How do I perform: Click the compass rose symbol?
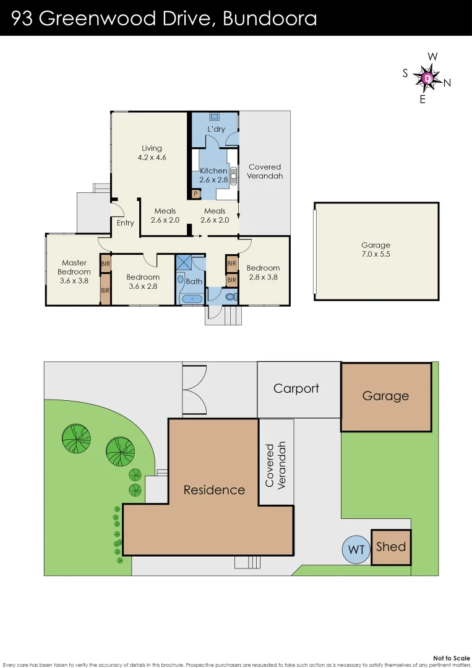coord(428,79)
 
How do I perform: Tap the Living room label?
coord(152,152)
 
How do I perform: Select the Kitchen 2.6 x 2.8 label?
coord(213,175)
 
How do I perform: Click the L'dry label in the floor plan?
coord(216,129)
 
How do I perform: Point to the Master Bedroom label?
coord(74,272)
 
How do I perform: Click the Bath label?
coord(194,281)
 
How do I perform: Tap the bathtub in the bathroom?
coord(191,299)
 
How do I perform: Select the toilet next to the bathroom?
coord(230,298)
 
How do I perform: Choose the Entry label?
coord(125,223)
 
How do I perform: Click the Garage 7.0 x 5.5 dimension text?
coord(376,249)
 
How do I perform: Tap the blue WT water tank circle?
coord(356,549)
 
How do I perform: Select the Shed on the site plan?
coord(391,547)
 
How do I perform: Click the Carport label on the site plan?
coord(296,388)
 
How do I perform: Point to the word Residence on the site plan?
coord(214,490)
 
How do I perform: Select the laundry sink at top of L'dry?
coord(214,116)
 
